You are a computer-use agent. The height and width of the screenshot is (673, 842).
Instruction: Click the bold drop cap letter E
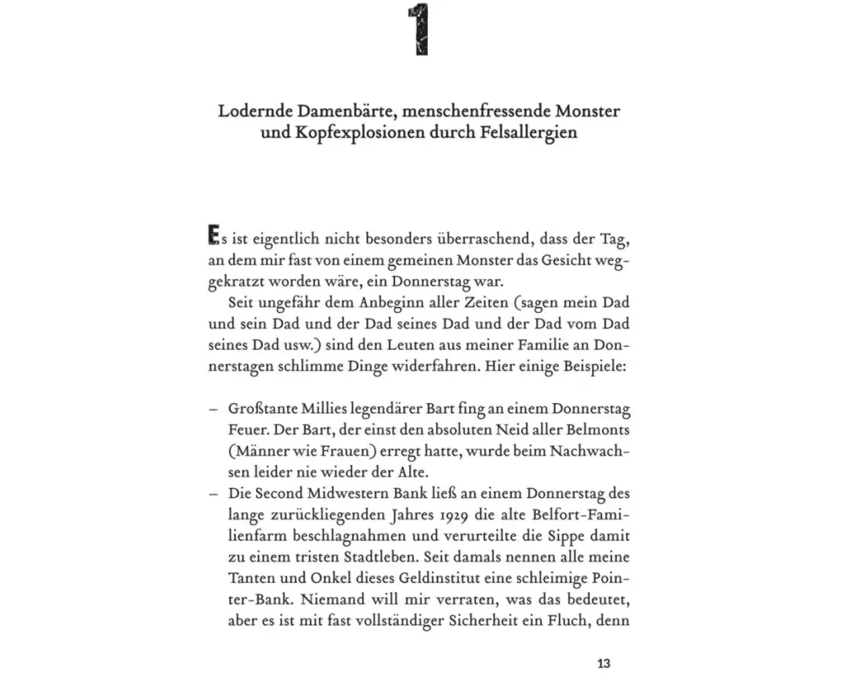pos(211,236)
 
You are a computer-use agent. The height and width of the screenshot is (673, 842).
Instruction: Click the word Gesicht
pos(555,259)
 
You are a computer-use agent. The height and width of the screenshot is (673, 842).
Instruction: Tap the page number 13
pos(603,662)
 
